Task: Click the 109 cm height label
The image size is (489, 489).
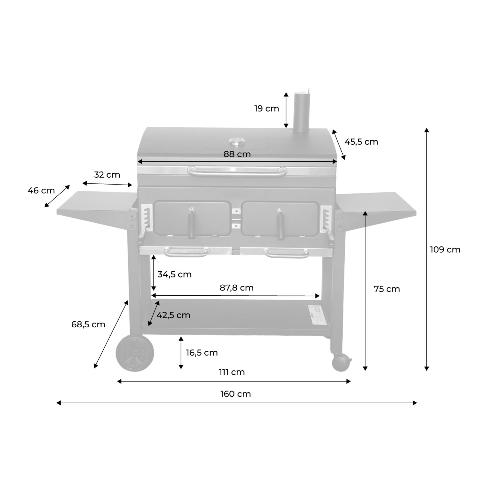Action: (445, 250)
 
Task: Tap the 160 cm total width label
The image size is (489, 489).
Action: (235, 394)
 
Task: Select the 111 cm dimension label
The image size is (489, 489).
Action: (232, 372)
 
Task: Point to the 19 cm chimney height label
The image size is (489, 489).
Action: (266, 109)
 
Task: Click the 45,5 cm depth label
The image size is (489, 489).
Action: (361, 142)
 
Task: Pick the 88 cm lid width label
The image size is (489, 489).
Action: (237, 154)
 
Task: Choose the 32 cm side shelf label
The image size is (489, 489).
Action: (107, 175)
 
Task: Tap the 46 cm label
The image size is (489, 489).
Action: (41, 190)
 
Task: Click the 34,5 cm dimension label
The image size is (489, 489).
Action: (174, 274)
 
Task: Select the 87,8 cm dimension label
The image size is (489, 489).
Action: (236, 288)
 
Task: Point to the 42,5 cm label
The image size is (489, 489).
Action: (173, 315)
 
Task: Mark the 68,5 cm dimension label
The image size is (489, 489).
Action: (88, 324)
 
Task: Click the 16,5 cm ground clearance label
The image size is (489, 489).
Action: (202, 353)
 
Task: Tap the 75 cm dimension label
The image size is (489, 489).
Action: (387, 289)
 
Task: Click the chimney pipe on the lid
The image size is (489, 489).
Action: (302, 113)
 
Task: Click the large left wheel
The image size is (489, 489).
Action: (135, 353)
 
